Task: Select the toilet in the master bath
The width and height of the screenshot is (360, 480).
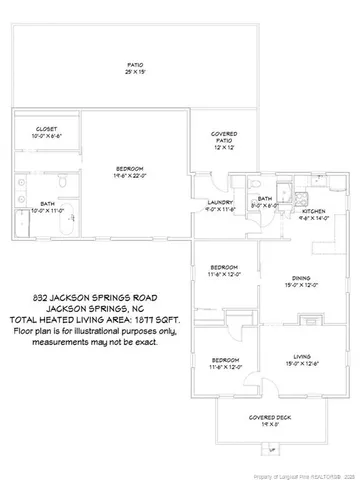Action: click(x=62, y=182)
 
